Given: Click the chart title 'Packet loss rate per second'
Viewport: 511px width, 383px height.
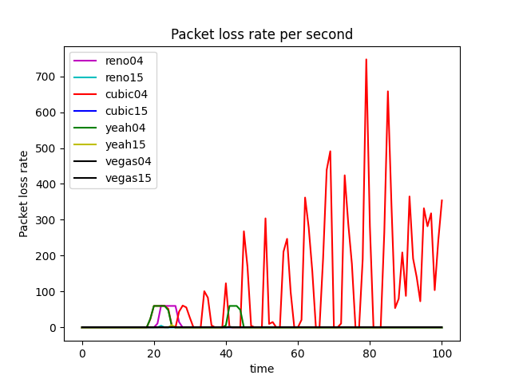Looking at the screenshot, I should (x=262, y=34).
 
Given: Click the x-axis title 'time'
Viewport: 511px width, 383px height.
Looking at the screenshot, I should (x=262, y=369).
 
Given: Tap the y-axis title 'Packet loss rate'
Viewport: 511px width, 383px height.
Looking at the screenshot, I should (x=24, y=194).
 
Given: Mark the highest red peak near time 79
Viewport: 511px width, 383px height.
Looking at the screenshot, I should (x=366, y=59).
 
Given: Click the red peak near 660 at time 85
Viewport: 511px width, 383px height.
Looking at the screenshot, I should (x=388, y=91).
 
